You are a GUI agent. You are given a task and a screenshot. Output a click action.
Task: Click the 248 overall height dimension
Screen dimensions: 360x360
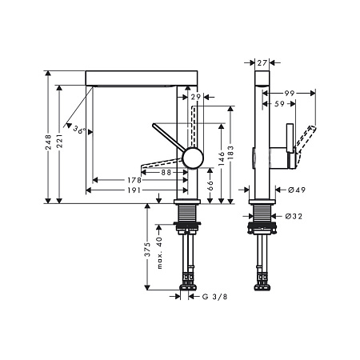coord(48,142)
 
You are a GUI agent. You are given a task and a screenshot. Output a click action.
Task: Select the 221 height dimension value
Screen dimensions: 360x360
coord(59,141)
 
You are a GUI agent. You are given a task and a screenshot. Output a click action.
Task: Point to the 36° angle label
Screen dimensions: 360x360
coord(79,130)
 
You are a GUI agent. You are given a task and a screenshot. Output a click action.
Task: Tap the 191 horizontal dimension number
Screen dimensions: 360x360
coord(134,190)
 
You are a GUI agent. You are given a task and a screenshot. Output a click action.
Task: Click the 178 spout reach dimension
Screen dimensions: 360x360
coord(134,180)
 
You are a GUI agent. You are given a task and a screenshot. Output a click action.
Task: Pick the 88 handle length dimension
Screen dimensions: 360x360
coord(166,173)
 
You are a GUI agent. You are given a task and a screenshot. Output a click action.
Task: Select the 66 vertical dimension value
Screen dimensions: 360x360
coord(210,184)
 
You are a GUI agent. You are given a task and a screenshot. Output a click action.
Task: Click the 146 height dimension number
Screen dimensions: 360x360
coord(222,158)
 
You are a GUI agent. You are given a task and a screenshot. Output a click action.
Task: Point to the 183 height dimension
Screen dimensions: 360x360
coord(231,152)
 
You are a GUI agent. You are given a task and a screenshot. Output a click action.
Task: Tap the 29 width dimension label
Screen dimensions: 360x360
coord(196,97)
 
